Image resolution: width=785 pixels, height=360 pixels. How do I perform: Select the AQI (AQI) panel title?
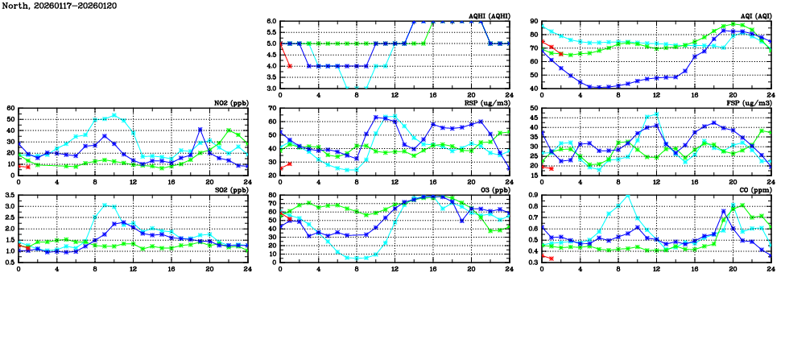(756, 16)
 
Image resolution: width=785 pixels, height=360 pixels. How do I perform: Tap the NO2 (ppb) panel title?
(231, 103)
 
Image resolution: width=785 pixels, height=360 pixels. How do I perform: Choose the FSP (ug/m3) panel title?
(751, 103)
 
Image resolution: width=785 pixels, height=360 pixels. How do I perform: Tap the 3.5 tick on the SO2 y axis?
(9, 196)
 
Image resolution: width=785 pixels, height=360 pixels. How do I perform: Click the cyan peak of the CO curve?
(627, 196)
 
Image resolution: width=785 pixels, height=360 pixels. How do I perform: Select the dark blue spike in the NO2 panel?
(200, 129)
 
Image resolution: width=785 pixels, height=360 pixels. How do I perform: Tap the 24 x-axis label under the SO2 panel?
(247, 269)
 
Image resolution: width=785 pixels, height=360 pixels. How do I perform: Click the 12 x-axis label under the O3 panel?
(395, 269)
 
